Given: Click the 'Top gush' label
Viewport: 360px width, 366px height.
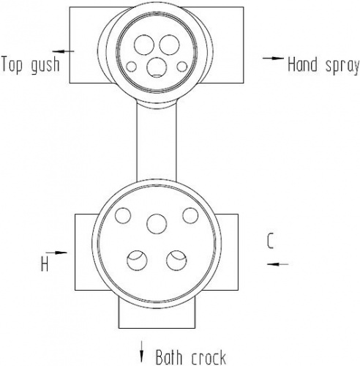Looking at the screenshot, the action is (x=31, y=65).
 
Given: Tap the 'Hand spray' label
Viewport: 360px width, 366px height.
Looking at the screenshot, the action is (x=323, y=64).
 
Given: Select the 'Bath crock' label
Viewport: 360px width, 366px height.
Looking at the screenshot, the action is (x=191, y=357).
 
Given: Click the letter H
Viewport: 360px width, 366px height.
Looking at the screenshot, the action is (x=45, y=265).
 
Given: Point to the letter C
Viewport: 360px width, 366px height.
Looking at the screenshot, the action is (x=270, y=241).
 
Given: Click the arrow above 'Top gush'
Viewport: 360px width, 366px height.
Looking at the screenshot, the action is (x=63, y=51).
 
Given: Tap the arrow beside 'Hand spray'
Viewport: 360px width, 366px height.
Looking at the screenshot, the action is (x=273, y=58).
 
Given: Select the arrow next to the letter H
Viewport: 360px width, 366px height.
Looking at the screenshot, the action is (x=56, y=253).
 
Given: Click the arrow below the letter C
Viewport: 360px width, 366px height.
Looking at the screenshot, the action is (x=277, y=264).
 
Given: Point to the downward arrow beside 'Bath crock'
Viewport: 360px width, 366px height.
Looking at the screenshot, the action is (x=141, y=351).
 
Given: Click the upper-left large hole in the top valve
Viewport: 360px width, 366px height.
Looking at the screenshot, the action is (x=144, y=45).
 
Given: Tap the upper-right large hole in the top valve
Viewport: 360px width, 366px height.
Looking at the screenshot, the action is (x=169, y=45).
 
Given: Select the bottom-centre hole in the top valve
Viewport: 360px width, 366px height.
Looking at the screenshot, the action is (x=157, y=67).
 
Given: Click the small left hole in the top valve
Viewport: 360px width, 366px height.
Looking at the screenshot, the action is (x=132, y=67).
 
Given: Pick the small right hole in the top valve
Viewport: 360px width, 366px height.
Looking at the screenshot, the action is (x=182, y=67).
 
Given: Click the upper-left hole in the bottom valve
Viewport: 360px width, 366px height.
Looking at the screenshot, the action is (x=123, y=215).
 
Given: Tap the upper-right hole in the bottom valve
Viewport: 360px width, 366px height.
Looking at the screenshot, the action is (x=190, y=215).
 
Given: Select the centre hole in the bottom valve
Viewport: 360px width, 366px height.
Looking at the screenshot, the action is (x=157, y=224).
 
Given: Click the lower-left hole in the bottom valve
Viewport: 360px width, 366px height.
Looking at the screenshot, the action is (x=137, y=261).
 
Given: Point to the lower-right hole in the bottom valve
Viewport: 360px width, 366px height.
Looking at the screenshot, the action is (x=176, y=261).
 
